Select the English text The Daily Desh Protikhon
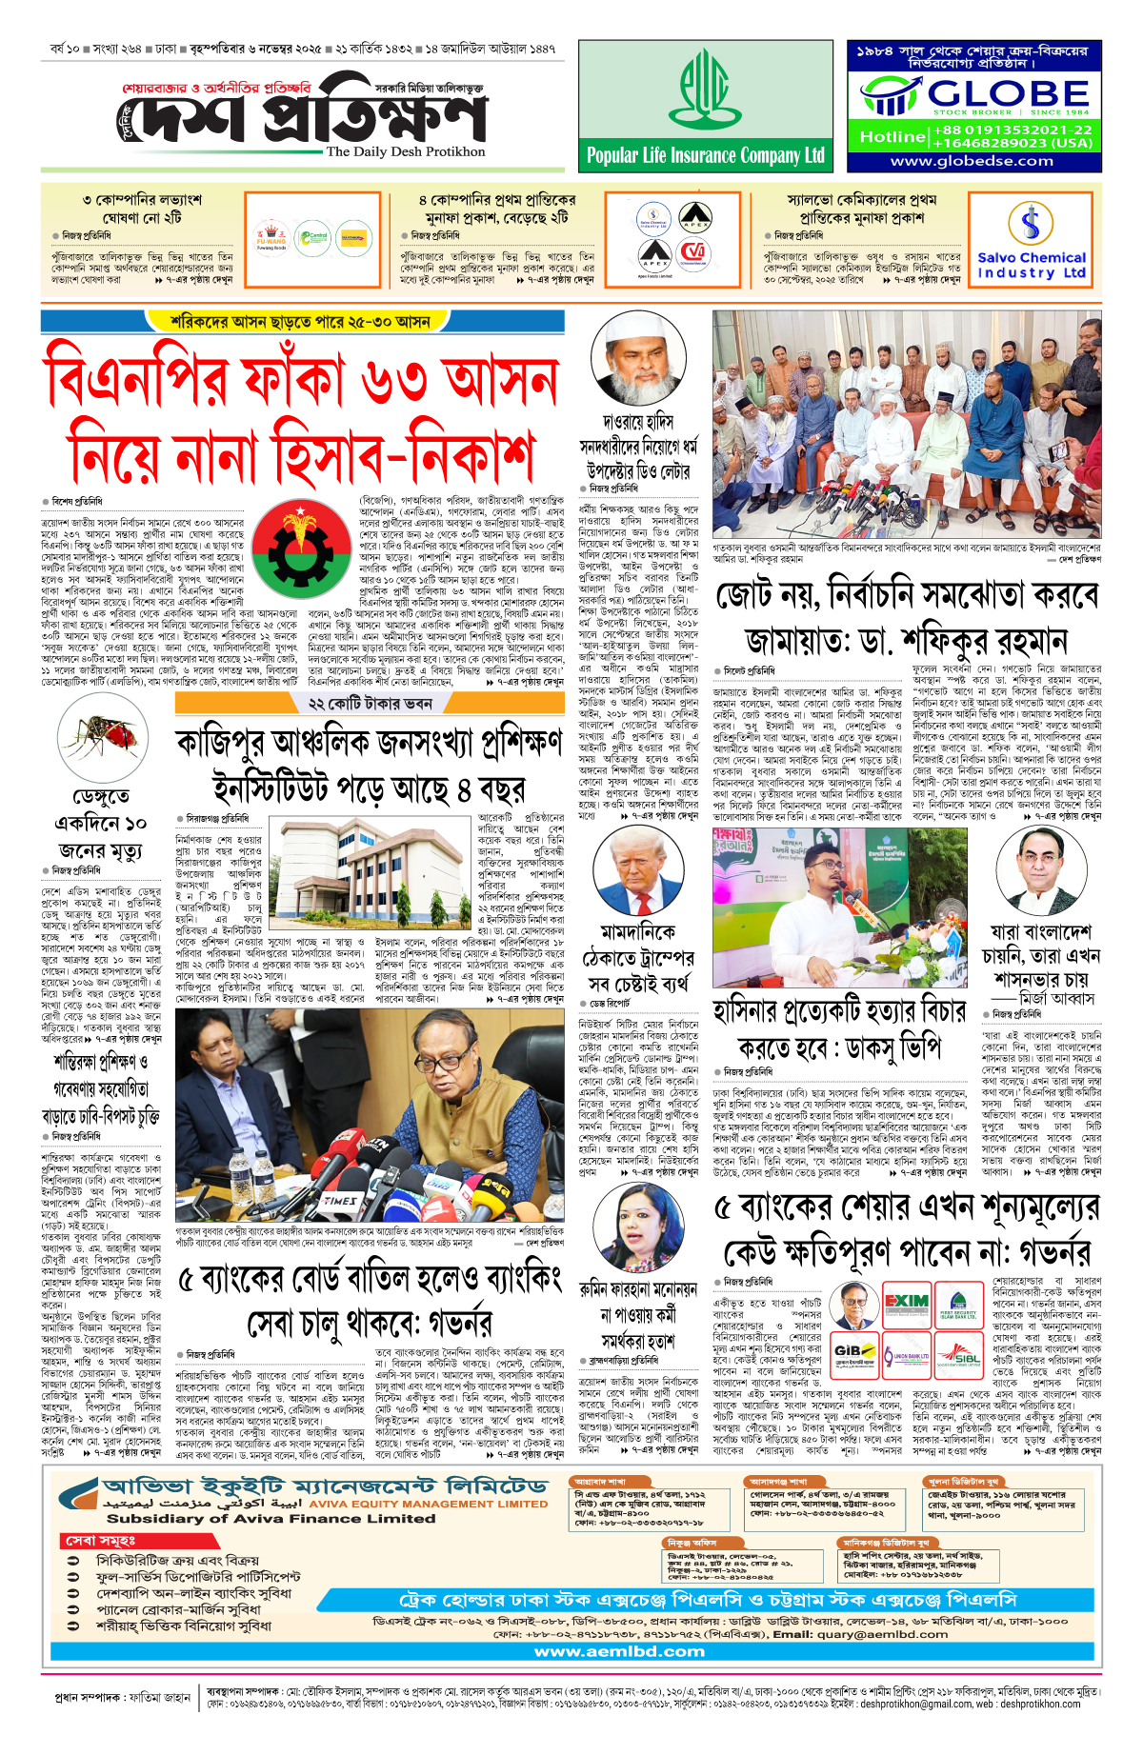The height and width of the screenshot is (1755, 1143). (406, 151)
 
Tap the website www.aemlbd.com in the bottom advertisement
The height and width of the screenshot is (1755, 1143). (620, 1651)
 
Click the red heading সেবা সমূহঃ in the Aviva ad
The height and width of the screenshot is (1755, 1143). (100, 1540)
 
